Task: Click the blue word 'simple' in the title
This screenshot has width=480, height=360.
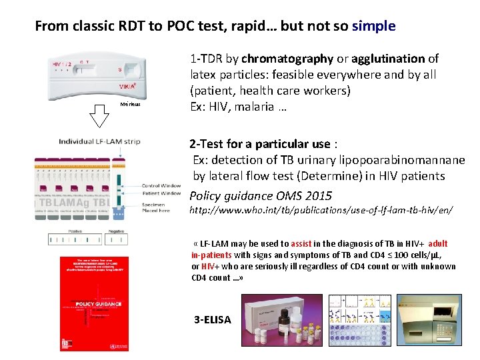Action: point(373,27)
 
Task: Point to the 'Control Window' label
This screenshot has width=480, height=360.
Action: point(161,185)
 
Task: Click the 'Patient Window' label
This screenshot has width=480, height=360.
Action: point(161,193)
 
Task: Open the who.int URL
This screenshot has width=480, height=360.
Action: point(321,210)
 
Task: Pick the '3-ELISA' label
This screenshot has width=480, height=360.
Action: point(213,320)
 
